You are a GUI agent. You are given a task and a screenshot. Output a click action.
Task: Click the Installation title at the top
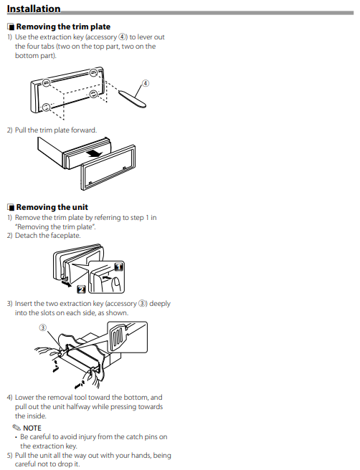coord(34,9)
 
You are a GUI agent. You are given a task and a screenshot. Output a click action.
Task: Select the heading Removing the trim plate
coord(63,27)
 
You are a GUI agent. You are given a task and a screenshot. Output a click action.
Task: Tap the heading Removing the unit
coord(52,207)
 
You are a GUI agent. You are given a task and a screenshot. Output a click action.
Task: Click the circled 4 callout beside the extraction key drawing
coord(145,83)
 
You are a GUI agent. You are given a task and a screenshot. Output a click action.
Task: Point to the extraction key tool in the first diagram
coord(132,98)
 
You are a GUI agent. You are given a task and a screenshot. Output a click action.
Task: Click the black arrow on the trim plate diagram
coord(93,154)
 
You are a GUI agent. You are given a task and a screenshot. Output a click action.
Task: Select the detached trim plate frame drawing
coord(108,168)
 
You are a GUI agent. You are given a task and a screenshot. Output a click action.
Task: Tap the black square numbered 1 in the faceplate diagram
coord(119,267)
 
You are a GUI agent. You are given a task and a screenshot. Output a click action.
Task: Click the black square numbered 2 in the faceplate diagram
coord(81,289)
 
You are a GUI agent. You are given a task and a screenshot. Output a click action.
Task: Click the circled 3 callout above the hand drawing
coord(43,327)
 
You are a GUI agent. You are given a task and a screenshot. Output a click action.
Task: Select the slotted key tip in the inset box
coord(118,338)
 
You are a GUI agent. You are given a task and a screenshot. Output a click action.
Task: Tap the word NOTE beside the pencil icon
coord(32,428)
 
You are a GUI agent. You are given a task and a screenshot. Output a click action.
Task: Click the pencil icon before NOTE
coord(16,427)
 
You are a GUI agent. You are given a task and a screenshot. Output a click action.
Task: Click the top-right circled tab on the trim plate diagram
coord(94,72)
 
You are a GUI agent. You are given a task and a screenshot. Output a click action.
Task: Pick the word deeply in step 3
coord(160,304)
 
